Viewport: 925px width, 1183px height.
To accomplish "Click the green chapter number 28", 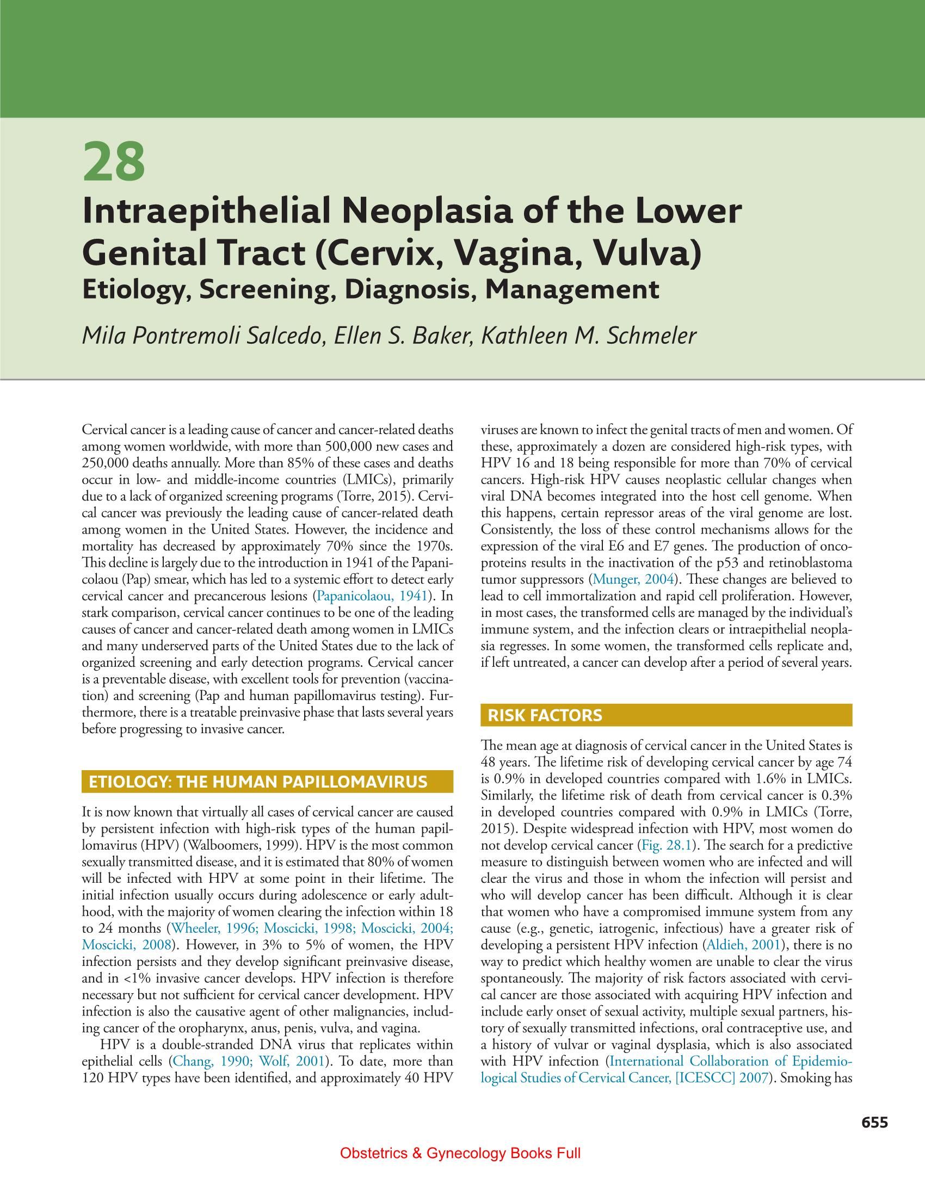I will (114, 162).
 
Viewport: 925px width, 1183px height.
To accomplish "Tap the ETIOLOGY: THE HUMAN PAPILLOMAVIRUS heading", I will (258, 782).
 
